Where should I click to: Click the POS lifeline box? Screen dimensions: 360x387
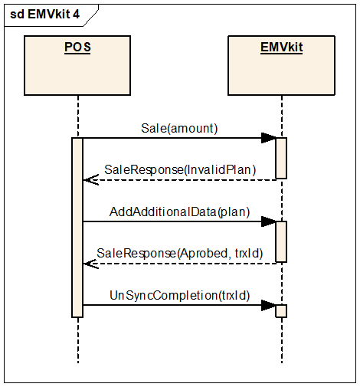click(x=77, y=65)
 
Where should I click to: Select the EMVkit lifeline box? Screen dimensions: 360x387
click(x=281, y=65)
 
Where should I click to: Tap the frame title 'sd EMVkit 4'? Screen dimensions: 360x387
click(x=44, y=14)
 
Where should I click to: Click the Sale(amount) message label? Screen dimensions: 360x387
click(x=179, y=128)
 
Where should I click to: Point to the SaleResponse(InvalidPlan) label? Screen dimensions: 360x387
click(x=180, y=170)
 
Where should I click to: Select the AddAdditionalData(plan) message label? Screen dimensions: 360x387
click(x=179, y=212)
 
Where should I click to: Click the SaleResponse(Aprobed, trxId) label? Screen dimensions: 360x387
click(x=180, y=254)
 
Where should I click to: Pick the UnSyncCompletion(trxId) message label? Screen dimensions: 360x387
click(x=180, y=296)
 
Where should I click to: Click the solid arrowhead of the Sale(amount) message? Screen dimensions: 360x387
click(x=269, y=138)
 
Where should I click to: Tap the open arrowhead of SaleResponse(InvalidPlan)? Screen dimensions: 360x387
click(x=91, y=180)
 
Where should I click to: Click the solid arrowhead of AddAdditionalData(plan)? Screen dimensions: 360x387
click(x=269, y=221)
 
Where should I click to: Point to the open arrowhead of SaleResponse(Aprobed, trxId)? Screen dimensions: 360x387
click(x=91, y=264)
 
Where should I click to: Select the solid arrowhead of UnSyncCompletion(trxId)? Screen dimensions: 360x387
click(x=269, y=305)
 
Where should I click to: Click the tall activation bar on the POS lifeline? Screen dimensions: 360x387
click(x=77, y=228)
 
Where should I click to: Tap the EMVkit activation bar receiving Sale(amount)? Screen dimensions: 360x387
click(x=281, y=158)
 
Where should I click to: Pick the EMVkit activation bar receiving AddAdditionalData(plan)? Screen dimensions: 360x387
click(x=281, y=241)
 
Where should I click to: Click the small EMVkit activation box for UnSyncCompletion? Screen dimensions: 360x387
click(x=281, y=311)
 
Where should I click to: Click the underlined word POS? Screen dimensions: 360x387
click(x=77, y=48)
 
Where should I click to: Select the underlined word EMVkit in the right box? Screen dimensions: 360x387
click(x=281, y=48)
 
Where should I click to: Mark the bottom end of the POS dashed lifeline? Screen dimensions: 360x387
click(x=78, y=363)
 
